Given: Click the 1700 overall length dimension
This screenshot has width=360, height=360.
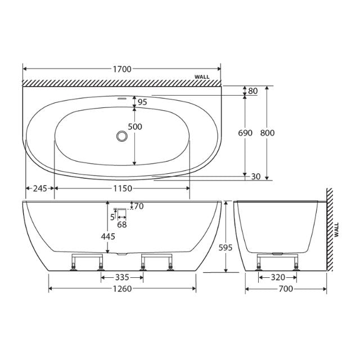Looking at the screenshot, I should [121, 69].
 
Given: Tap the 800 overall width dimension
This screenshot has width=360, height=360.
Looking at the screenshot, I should [268, 133].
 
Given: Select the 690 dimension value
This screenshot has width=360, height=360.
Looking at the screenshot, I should [245, 133].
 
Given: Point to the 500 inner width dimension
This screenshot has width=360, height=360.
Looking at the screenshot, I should [134, 127].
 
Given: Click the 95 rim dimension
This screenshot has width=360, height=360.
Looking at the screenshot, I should [142, 102].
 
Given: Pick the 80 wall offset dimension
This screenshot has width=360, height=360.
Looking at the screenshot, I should [253, 91].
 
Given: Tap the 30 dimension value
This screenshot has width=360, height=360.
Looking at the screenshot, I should [255, 177].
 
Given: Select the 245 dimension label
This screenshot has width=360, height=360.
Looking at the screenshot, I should [39, 188].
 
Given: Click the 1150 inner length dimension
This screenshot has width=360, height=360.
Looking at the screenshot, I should [121, 188].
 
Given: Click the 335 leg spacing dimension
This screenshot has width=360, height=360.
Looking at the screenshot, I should [121, 277].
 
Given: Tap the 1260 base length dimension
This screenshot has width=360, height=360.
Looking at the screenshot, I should [121, 289].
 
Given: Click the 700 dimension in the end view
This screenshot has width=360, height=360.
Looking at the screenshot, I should [286, 289].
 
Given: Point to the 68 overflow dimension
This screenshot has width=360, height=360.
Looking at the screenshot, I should [121, 224].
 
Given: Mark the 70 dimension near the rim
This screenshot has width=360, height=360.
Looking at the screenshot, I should [138, 206].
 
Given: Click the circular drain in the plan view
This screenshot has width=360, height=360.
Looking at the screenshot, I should [121, 136].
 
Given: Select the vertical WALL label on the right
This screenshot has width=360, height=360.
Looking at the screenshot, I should [336, 231].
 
